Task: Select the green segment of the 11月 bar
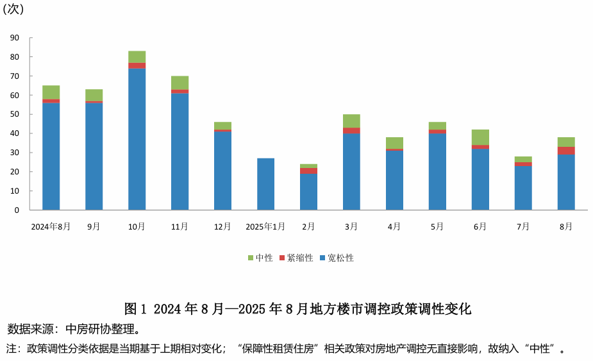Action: [x=180, y=83]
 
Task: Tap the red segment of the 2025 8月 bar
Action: [x=566, y=151]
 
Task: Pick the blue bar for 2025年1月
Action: [x=265, y=184]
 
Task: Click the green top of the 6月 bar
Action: [x=480, y=137]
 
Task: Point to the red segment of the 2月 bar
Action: [x=308, y=171]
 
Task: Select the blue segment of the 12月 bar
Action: [x=222, y=171]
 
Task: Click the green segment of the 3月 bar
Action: [x=351, y=121]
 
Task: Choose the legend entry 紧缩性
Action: [x=296, y=258]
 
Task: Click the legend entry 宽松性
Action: [x=337, y=258]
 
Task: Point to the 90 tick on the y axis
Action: [x=15, y=38]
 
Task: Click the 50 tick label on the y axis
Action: [x=15, y=114]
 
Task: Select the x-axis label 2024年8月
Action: [x=51, y=226]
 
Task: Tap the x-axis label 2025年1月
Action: [x=265, y=226]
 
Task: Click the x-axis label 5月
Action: [x=437, y=226]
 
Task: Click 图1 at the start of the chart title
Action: [x=136, y=309]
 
